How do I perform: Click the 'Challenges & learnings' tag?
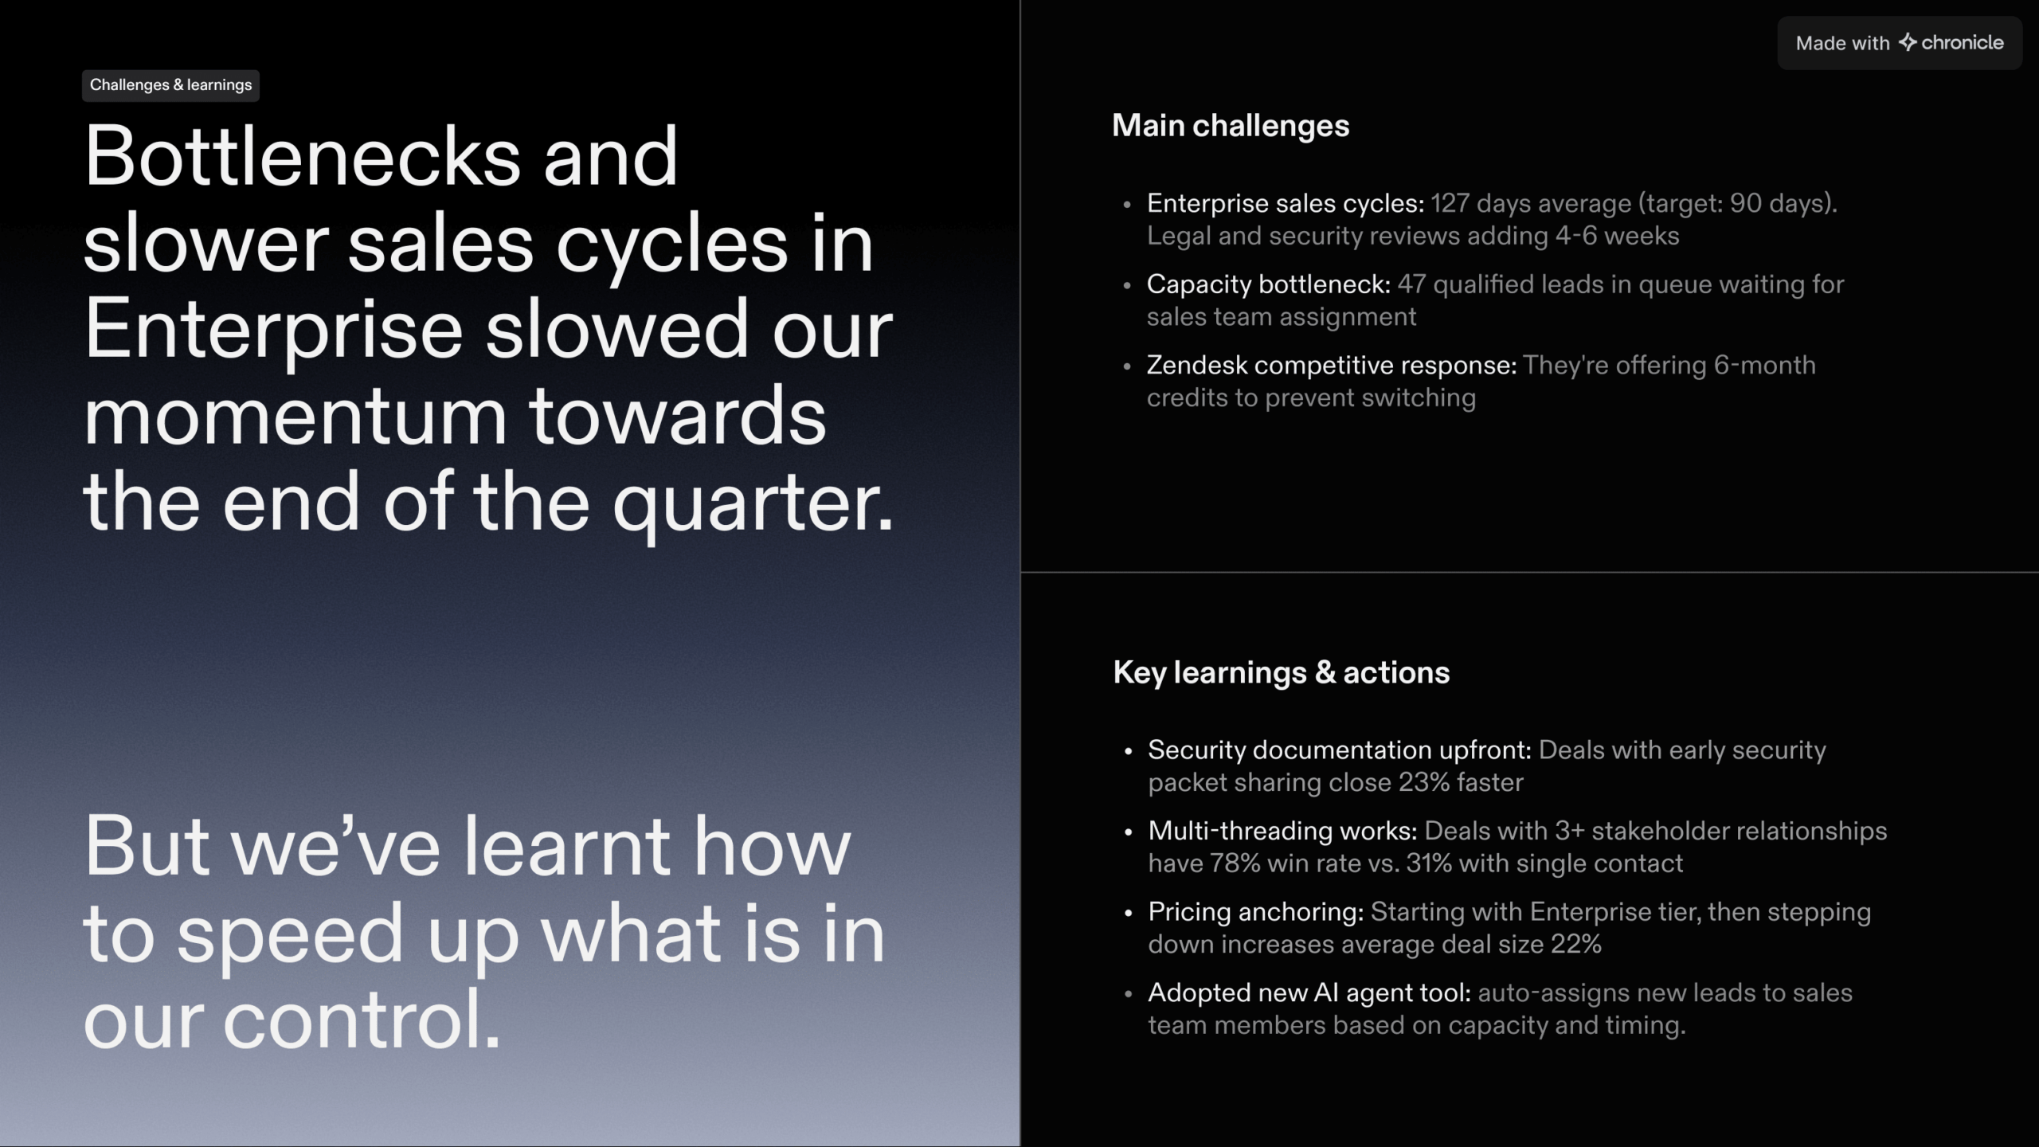pos(170,85)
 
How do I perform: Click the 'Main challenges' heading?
pos(1231,126)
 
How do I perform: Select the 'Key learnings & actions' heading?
pos(1282,673)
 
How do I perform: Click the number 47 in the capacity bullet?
pos(1412,284)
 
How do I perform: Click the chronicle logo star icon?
pos(1908,42)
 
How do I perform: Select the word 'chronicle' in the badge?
pos(1963,42)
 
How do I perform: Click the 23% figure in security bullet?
pos(1424,782)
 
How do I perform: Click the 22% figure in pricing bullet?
pos(1575,945)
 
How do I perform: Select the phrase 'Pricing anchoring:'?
pos(1256,912)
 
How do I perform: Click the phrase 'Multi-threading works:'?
pos(1282,831)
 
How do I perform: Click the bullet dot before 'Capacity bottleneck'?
pos(1127,285)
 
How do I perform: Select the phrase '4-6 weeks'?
pos(1618,236)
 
